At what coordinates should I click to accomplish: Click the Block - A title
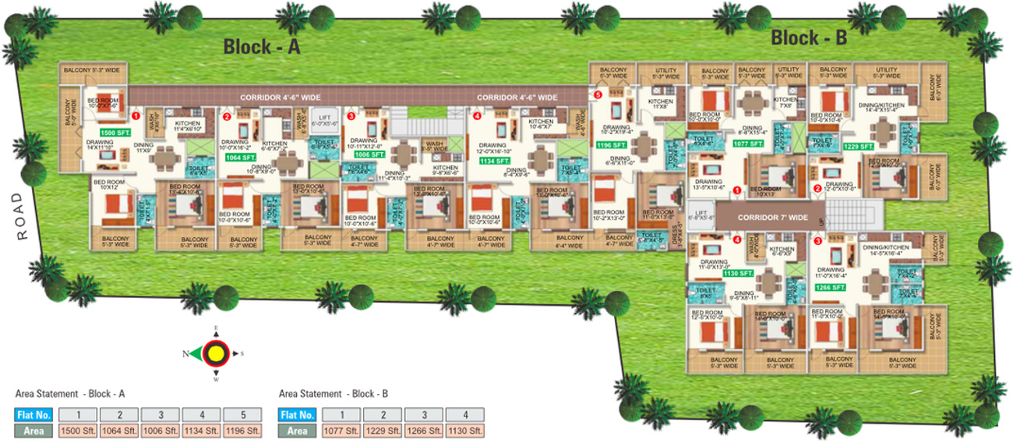point(262,47)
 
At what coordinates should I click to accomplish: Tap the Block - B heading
point(809,37)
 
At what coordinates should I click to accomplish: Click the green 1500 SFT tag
point(113,133)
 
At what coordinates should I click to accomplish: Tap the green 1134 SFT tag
point(495,161)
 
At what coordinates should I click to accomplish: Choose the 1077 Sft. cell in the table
point(340,430)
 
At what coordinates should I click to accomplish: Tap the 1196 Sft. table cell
point(242,430)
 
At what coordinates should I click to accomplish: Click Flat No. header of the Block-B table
point(297,415)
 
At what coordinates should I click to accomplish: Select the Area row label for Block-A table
point(34,430)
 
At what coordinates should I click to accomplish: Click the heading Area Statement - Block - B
point(333,394)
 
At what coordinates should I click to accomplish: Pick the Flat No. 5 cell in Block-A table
point(242,415)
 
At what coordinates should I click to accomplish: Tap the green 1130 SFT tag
point(738,273)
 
